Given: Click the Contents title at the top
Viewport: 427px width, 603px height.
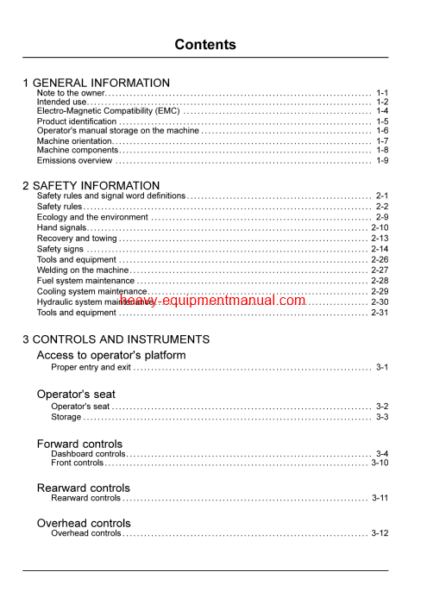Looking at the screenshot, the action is click(204, 45).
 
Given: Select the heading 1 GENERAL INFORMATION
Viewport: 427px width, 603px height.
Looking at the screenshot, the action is click(96, 83).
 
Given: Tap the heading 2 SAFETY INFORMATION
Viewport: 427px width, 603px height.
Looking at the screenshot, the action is click(91, 185).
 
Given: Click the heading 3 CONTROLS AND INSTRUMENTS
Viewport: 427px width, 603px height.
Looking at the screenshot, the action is click(116, 339).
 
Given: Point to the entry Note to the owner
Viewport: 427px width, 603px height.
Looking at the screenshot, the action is click(71, 92).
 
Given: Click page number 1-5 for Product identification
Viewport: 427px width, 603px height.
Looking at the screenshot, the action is click(381, 121).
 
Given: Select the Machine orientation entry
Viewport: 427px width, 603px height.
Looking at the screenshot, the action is click(74, 140).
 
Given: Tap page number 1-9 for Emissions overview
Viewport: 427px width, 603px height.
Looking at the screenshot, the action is click(381, 160).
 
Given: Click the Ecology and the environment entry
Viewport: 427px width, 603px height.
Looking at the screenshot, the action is click(92, 217).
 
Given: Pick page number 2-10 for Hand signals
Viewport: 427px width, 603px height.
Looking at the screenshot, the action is click(380, 227).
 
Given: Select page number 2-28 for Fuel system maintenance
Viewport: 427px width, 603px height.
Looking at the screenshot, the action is click(380, 281).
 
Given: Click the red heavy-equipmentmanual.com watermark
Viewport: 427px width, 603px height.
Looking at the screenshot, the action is click(213, 301).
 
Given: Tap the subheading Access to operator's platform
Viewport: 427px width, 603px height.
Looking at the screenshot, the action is click(110, 355).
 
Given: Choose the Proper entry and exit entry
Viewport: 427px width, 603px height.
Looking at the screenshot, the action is click(91, 367).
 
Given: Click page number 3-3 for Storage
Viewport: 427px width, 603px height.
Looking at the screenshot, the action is click(381, 417).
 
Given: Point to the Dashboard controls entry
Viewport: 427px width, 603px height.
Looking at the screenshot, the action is click(88, 453).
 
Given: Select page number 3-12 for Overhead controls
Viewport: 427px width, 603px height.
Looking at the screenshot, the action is click(380, 533).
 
